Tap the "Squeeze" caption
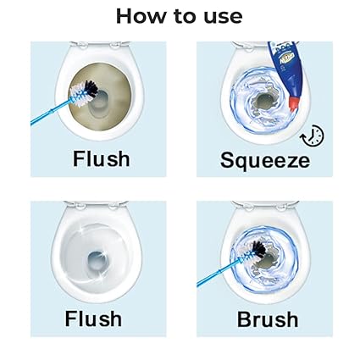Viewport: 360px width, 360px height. point(265,161)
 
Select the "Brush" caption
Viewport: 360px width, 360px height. point(268,319)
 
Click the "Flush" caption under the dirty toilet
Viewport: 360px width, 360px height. point(102,158)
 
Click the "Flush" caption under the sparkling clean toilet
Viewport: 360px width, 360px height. point(93,318)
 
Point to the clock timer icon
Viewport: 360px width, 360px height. point(312,136)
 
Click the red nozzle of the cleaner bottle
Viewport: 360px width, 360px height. point(294,102)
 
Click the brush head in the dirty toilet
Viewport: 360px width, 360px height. point(84,93)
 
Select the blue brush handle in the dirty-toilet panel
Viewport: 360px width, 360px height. point(51,112)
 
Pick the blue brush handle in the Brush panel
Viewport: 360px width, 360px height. point(218,274)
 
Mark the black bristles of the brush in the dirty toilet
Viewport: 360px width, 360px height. point(91,87)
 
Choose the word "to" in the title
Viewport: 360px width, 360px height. point(185,17)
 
